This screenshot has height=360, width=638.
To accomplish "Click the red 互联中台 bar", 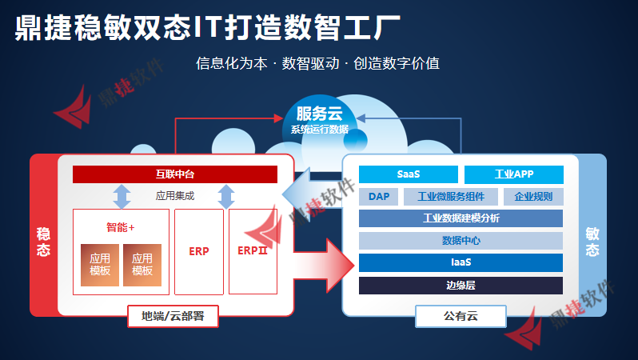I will [x=174, y=174].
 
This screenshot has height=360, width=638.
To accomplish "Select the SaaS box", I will [x=408, y=174].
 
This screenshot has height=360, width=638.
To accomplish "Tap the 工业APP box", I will [x=513, y=174].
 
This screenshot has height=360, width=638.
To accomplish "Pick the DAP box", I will [x=378, y=197].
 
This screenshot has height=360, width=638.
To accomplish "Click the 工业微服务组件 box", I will [x=451, y=197].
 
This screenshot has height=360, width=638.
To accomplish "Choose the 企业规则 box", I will [x=533, y=197].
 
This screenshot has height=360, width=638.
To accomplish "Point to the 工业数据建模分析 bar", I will [x=461, y=218].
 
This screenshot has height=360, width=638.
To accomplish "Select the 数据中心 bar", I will [x=461, y=240].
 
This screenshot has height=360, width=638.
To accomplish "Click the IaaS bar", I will [x=461, y=262].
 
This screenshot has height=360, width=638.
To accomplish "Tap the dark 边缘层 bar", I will [x=461, y=285].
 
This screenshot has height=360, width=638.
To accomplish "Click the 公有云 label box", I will [x=460, y=317].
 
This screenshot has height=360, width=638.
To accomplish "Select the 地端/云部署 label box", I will [x=173, y=317].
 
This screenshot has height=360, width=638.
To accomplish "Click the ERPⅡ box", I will [x=252, y=251].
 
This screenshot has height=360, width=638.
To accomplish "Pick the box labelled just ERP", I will [x=199, y=251].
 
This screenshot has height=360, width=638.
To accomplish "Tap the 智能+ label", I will [x=121, y=227].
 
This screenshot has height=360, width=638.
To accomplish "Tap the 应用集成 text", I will [x=174, y=195].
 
